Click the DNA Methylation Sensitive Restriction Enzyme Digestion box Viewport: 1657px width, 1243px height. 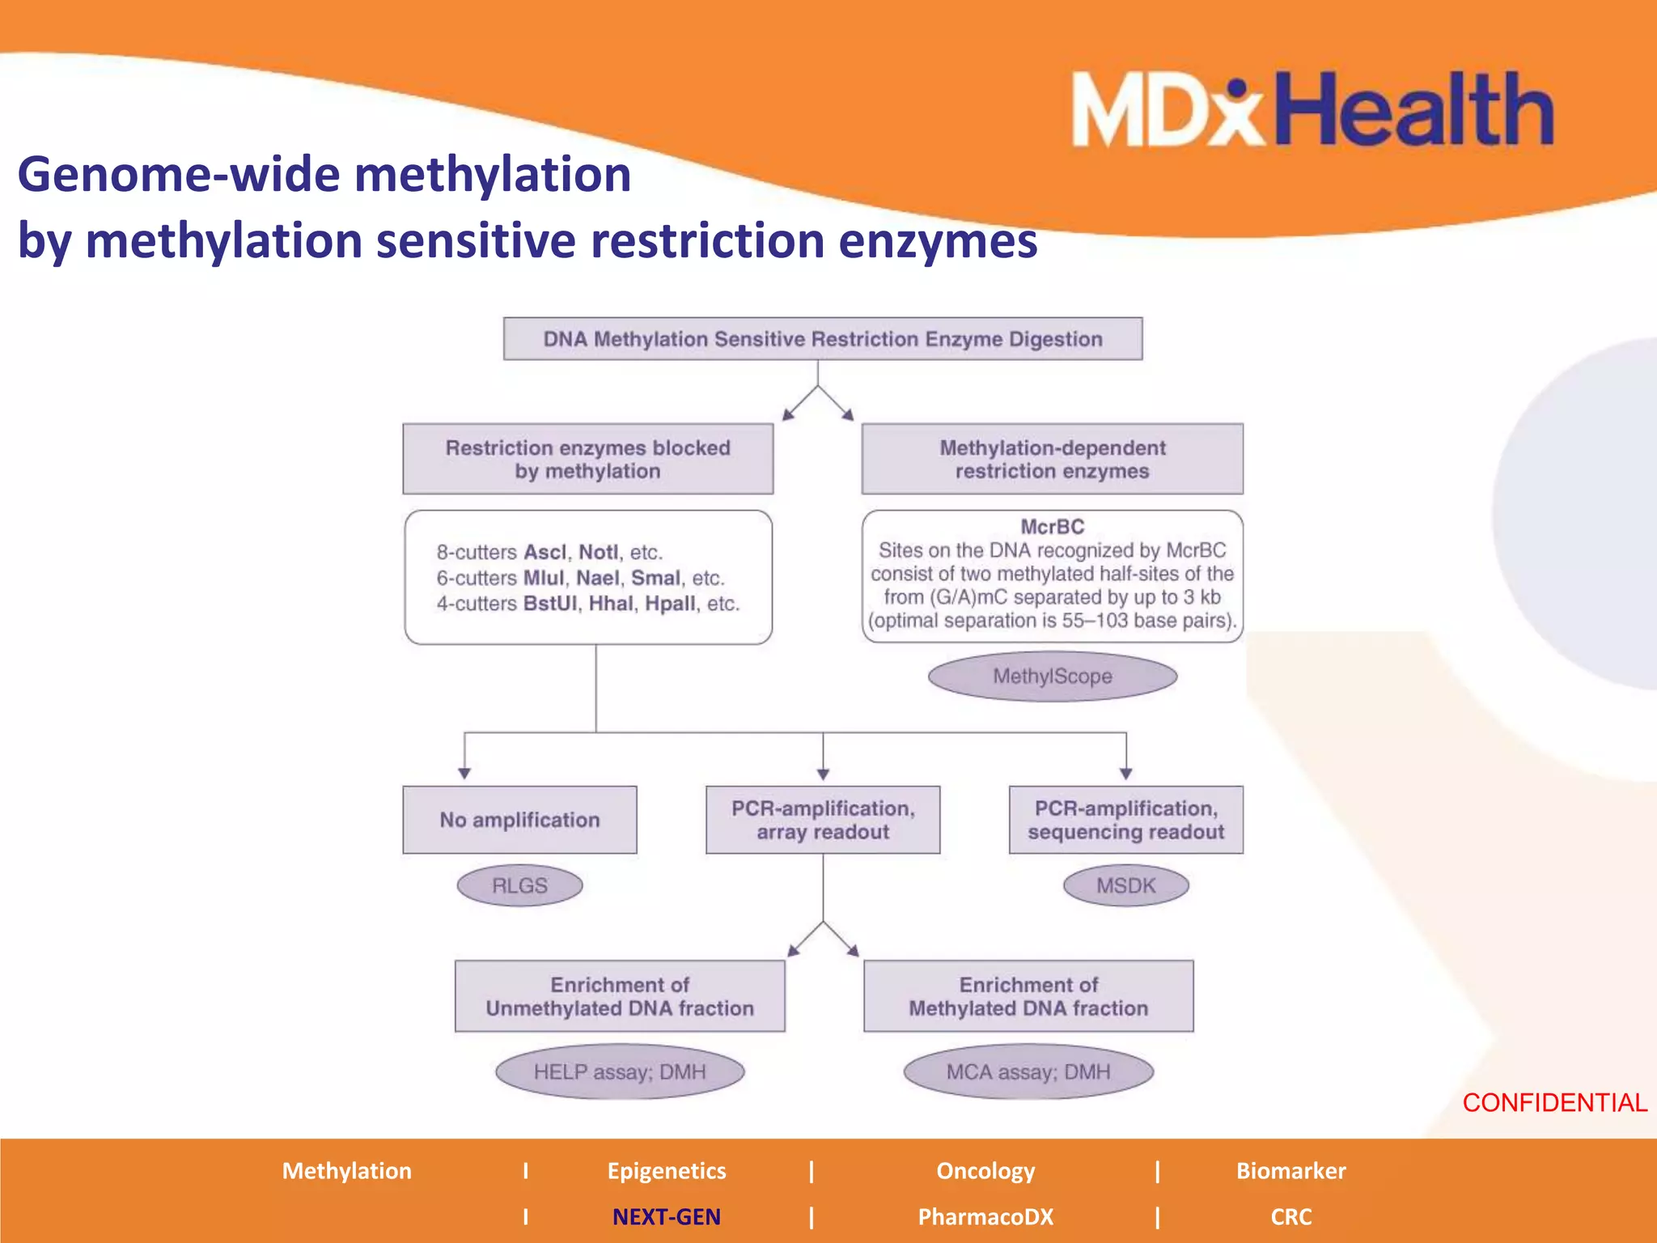pyautogui.click(x=822, y=339)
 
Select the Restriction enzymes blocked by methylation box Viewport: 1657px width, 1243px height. pyautogui.click(x=587, y=459)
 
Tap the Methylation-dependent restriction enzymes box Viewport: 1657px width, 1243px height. pyautogui.click(x=1052, y=459)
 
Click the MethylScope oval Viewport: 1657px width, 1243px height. pyautogui.click(x=1052, y=677)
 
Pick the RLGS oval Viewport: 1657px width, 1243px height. pyautogui.click(x=519, y=886)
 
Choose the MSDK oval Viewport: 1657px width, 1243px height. pyautogui.click(x=1125, y=886)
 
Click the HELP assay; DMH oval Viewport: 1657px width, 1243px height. pyautogui.click(x=620, y=1072)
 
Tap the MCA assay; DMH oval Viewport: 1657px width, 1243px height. pyautogui.click(x=1028, y=1072)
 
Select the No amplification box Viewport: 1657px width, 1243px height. pyautogui.click(x=519, y=820)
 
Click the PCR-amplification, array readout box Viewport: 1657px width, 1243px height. pyautogui.click(x=823, y=820)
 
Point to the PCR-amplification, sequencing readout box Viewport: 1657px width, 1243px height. pyautogui.click(x=1125, y=820)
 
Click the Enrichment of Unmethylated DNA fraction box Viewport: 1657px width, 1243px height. pyautogui.click(x=620, y=996)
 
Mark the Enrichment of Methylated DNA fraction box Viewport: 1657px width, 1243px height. pyautogui.click(x=1028, y=996)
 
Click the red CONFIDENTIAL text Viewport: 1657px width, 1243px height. pyautogui.click(x=1554, y=1103)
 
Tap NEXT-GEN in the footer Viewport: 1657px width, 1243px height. pyautogui.click(x=666, y=1217)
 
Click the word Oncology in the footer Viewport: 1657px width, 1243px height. pyautogui.click(x=985, y=1171)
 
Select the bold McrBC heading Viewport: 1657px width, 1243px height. pyautogui.click(x=1052, y=527)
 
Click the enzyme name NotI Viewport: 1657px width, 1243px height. pyautogui.click(x=598, y=553)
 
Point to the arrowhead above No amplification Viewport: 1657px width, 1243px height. pyautogui.click(x=464, y=774)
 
